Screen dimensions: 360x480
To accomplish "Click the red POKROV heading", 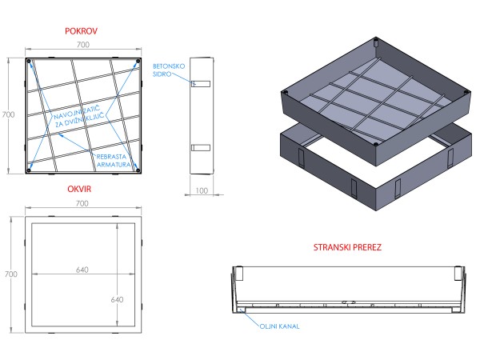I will tap(81, 30).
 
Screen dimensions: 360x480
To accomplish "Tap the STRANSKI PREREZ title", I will tap(346, 247).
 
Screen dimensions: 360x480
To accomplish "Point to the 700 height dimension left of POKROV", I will tap(9, 115).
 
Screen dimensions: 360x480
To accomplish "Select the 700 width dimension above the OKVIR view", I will tap(82, 205).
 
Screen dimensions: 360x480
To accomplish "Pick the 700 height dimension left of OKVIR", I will tap(9, 274).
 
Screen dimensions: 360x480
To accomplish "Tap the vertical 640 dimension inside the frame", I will tap(117, 299).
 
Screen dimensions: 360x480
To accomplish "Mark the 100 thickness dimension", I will tap(201, 191).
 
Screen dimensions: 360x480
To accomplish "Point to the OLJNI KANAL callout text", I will tap(278, 325).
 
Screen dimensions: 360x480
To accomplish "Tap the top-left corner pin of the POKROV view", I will tap(29, 62).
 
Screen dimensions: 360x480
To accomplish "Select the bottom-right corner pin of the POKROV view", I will tap(134, 169).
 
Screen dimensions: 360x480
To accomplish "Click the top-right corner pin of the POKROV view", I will tap(134, 62).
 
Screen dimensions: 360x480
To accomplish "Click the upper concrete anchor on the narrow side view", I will tap(200, 83).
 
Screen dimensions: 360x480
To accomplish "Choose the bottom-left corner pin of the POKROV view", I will tap(29, 169).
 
